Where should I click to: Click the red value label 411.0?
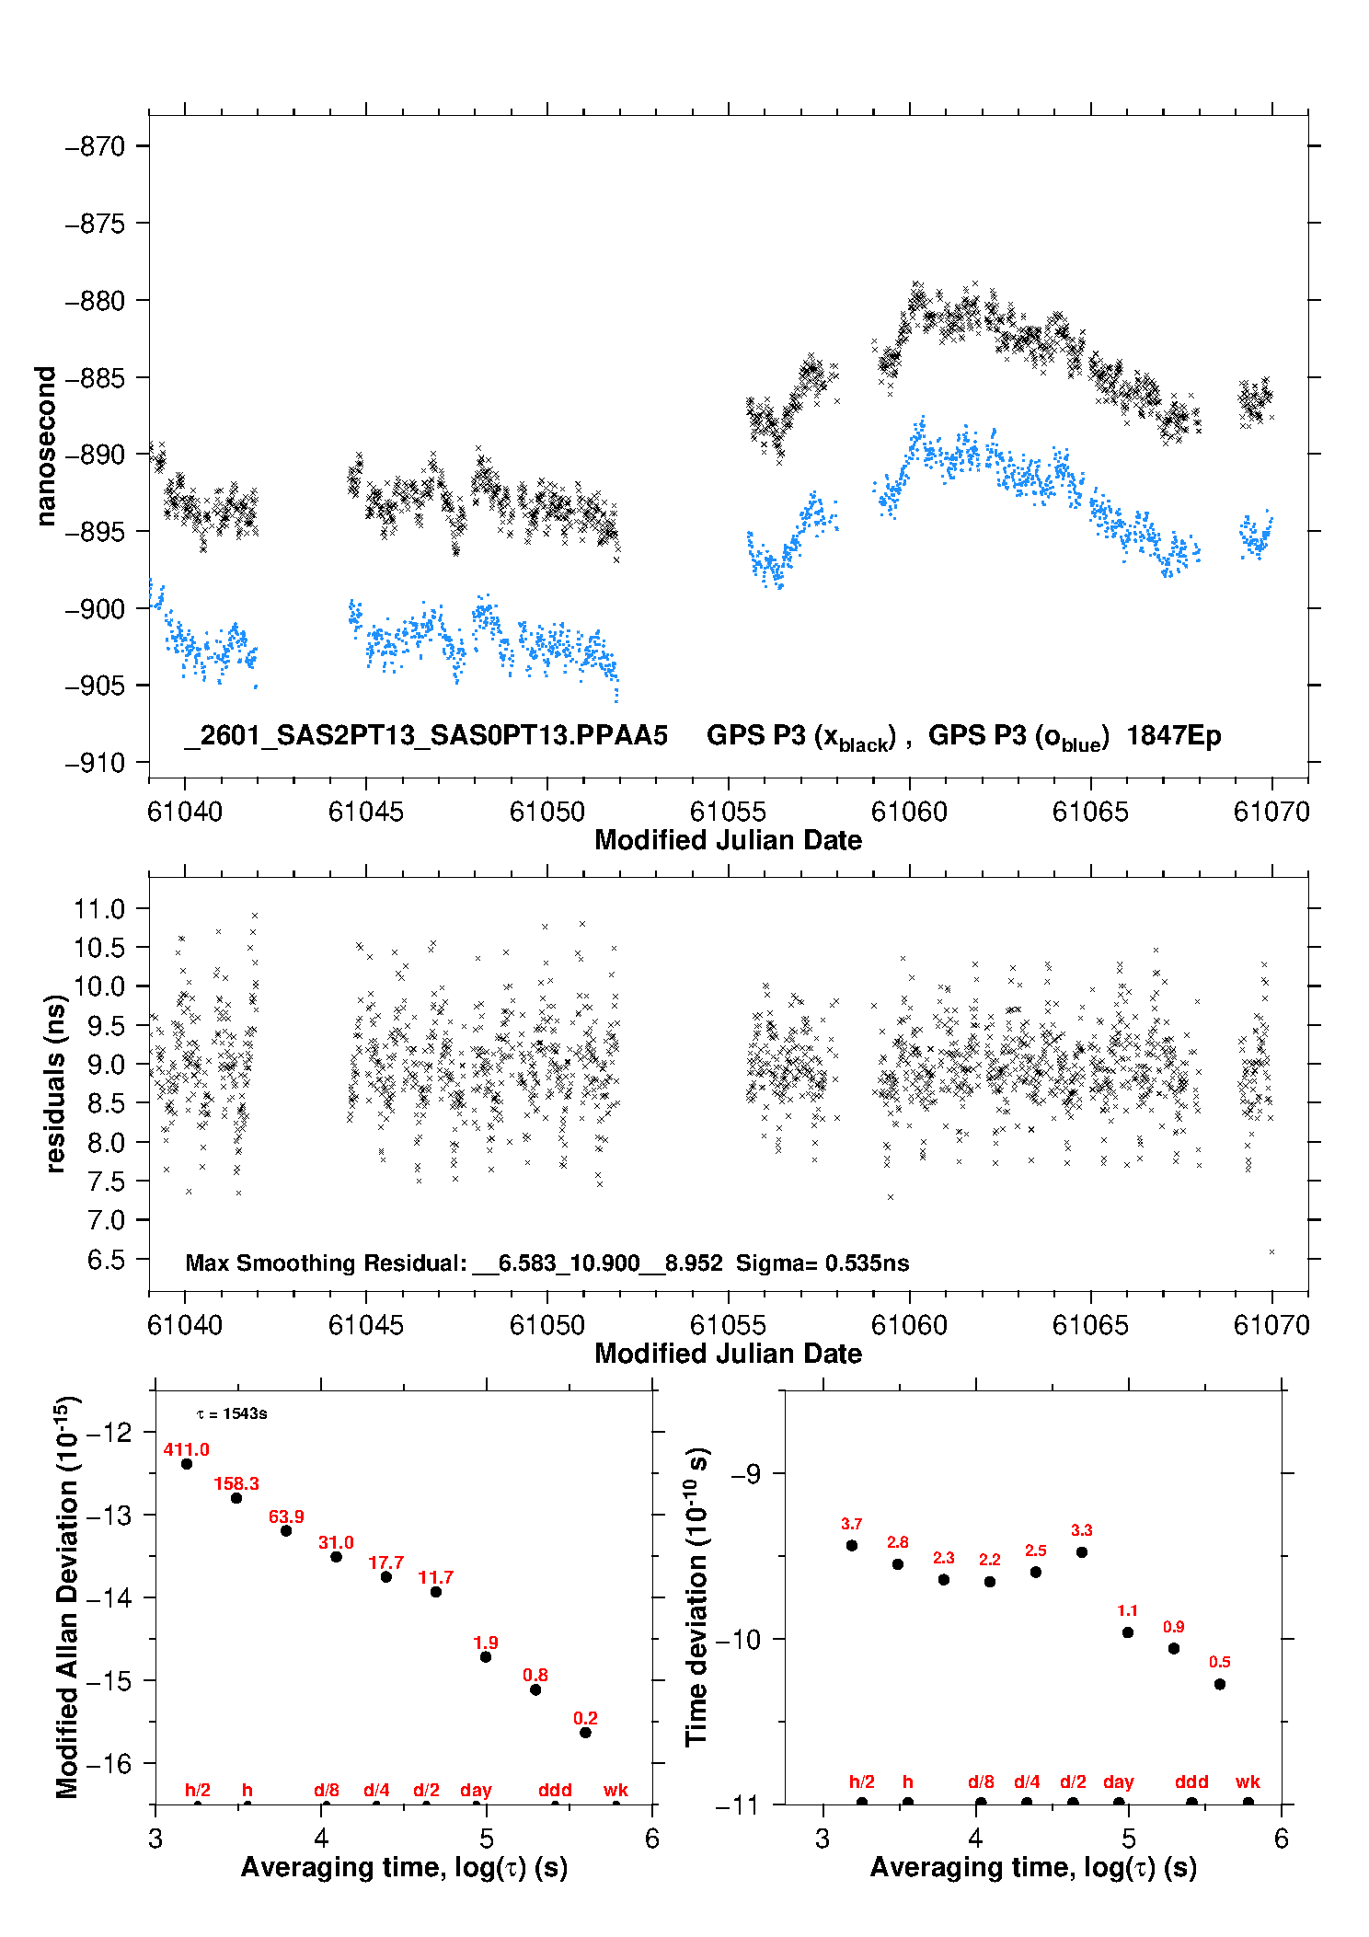(186, 1449)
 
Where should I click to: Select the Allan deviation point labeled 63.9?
(286, 1530)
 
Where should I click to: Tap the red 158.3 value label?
(236, 1483)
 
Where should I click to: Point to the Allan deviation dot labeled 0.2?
(585, 1733)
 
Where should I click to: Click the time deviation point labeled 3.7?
(852, 1545)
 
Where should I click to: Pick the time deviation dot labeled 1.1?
(1128, 1632)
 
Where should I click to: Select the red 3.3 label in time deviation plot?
(1082, 1530)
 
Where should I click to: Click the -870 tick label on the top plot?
(95, 146)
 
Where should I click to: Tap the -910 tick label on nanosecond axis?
(95, 763)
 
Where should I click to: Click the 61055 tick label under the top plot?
(728, 812)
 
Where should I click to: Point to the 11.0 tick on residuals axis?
(99, 909)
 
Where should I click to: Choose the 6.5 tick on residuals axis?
(106, 1260)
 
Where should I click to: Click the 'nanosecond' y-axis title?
(45, 445)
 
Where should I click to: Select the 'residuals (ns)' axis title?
(55, 1083)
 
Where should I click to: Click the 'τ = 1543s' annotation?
(232, 1413)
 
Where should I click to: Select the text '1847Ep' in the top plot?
(1173, 736)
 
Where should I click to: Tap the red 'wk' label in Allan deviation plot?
(615, 1790)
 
